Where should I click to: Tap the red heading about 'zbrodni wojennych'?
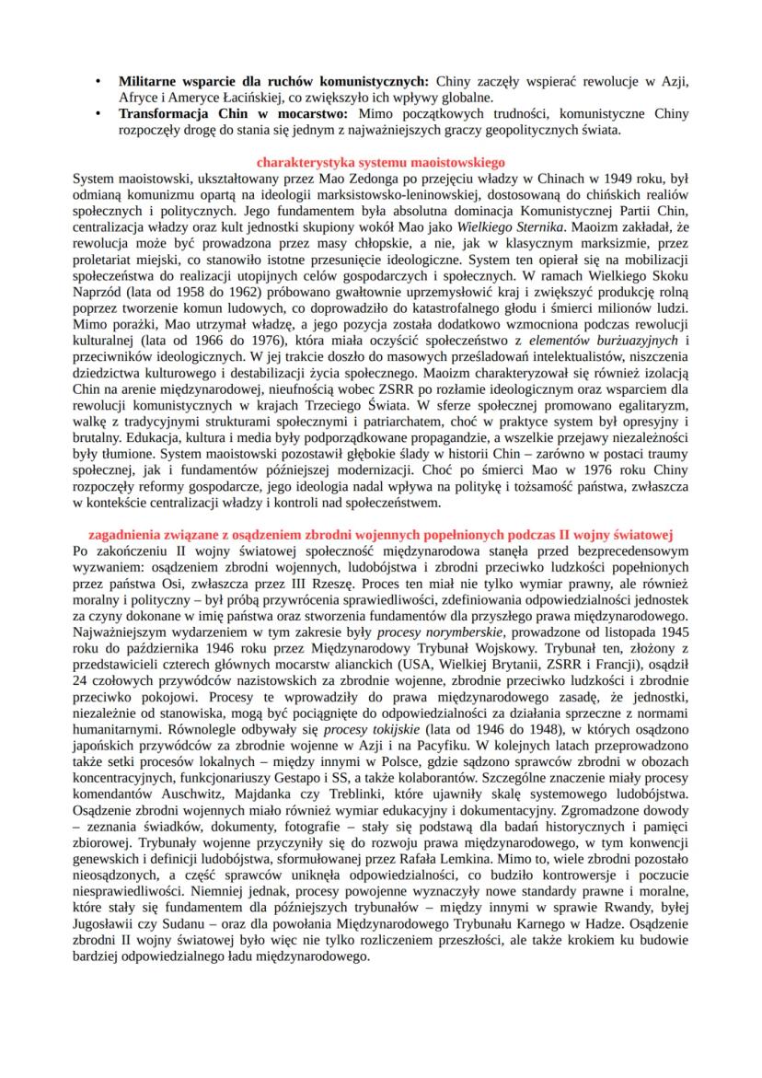coord(381,533)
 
